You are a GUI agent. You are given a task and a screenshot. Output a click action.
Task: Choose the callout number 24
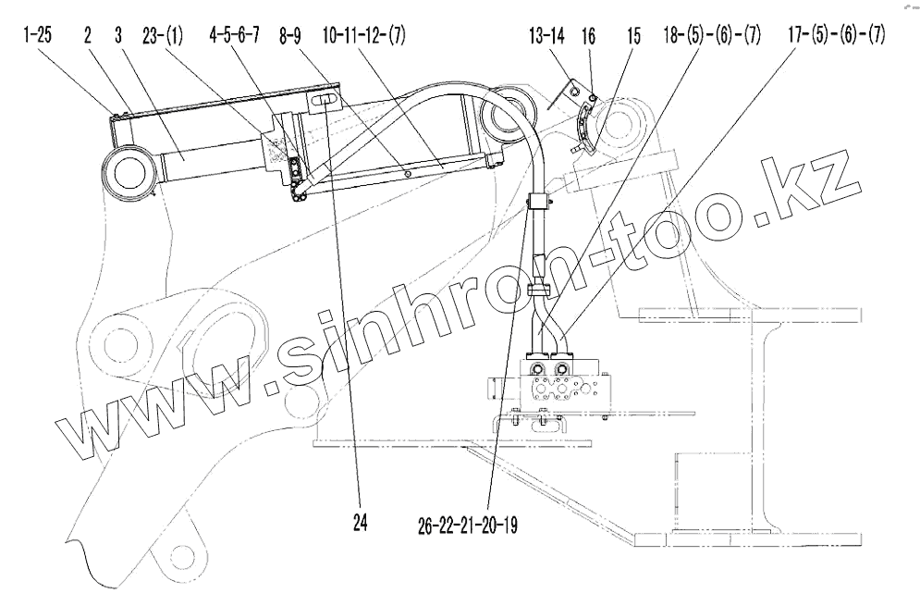pyautogui.click(x=359, y=523)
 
